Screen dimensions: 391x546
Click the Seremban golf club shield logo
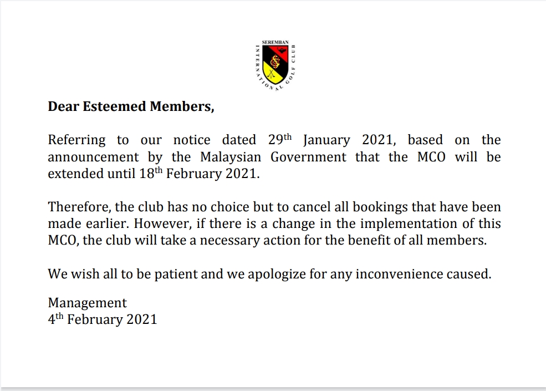click(x=273, y=67)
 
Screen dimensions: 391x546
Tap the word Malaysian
click(x=231, y=157)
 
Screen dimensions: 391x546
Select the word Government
click(x=309, y=157)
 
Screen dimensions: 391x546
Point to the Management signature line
click(x=87, y=303)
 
